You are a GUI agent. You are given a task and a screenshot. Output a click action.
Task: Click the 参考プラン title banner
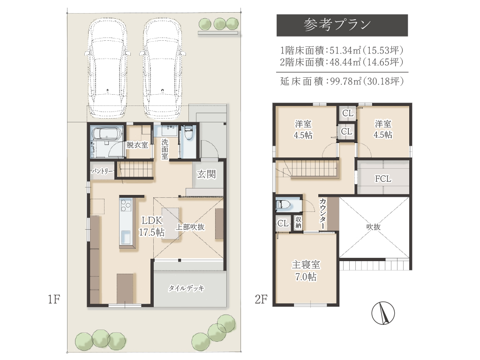[342, 25]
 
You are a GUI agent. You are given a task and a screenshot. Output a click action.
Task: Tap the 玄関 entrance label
[206, 174]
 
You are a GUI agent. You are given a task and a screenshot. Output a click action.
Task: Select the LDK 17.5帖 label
[151, 226]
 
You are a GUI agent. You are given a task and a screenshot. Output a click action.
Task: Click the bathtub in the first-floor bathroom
[107, 134]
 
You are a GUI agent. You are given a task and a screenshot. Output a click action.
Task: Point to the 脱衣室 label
[137, 145]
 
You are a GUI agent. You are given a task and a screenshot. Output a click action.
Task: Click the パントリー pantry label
[102, 172]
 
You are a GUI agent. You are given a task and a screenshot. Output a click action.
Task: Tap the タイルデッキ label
[187, 288]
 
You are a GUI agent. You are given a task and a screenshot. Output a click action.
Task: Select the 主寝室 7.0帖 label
[306, 270]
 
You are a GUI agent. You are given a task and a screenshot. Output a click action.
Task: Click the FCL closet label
[383, 179]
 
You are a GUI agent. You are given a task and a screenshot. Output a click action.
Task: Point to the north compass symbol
[383, 313]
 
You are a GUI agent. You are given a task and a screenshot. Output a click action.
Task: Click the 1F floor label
[53, 299]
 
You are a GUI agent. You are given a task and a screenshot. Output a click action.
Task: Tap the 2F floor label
[261, 299]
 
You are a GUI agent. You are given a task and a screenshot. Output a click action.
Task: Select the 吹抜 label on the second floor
[373, 227]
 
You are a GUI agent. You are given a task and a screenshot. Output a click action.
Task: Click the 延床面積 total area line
[342, 81]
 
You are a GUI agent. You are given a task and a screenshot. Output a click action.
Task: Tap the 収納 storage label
[298, 223]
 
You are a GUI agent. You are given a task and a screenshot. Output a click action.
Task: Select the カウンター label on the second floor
[322, 213]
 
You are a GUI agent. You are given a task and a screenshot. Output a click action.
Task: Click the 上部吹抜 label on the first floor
[190, 227]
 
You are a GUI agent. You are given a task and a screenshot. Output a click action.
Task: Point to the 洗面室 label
[165, 149]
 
